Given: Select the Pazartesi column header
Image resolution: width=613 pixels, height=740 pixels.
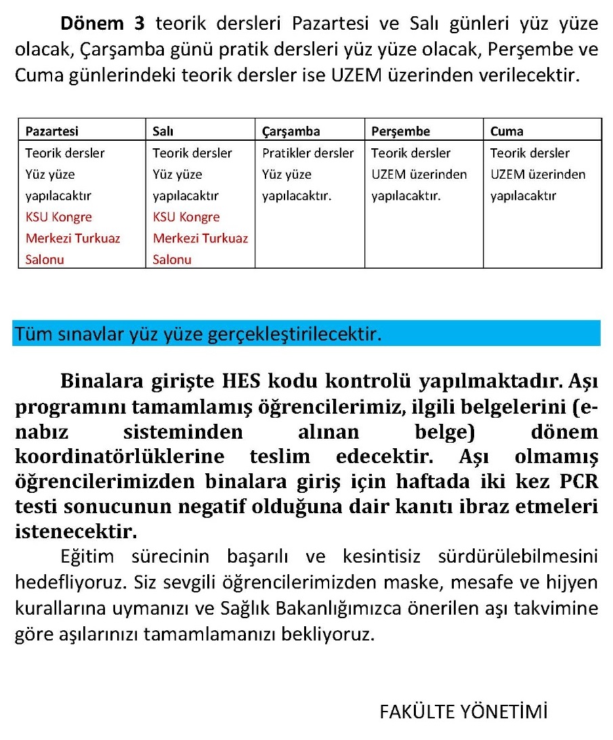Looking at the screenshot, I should click(51, 131).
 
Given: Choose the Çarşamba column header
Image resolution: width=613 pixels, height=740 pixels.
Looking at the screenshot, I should click(291, 131).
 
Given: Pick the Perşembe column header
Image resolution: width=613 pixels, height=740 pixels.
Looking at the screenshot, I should click(400, 131).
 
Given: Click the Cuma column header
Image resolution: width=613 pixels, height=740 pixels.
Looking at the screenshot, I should click(507, 131).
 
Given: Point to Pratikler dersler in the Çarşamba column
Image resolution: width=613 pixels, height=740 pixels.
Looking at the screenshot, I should click(308, 153).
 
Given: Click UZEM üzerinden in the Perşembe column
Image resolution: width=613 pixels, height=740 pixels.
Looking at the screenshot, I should click(419, 175).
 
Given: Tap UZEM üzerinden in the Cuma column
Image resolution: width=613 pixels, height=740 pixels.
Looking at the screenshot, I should click(538, 175).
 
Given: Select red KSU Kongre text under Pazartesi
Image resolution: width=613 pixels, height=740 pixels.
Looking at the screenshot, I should click(58, 217).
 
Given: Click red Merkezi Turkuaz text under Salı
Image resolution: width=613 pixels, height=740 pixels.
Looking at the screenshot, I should click(200, 238).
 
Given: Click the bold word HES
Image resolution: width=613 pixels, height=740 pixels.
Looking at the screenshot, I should click(245, 381).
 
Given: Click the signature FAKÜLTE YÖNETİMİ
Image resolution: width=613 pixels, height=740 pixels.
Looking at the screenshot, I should click(463, 712).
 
